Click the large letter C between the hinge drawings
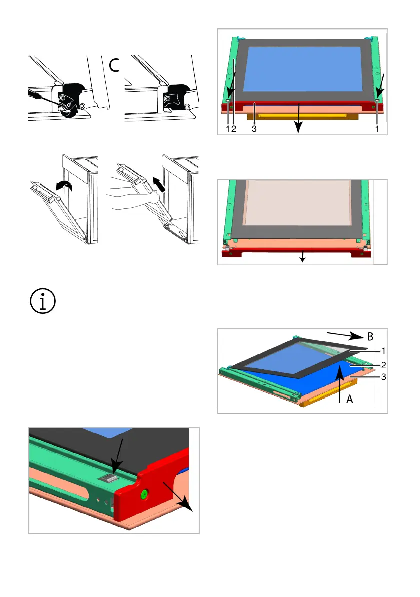coord(114,65)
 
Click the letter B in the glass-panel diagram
coord(370,337)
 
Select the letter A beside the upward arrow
coord(350,399)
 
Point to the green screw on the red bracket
coord(144,495)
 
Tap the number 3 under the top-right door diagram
coord(254,129)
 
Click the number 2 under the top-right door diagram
coord(234,129)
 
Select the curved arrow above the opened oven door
coord(64,185)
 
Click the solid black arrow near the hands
coord(160,184)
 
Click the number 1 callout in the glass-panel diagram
coord(383,351)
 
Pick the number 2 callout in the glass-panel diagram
coord(383,365)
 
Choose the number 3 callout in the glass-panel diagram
coord(383,377)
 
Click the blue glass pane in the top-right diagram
coord(302,69)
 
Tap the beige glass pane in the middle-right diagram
coord(298,203)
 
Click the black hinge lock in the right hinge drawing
coord(175,97)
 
